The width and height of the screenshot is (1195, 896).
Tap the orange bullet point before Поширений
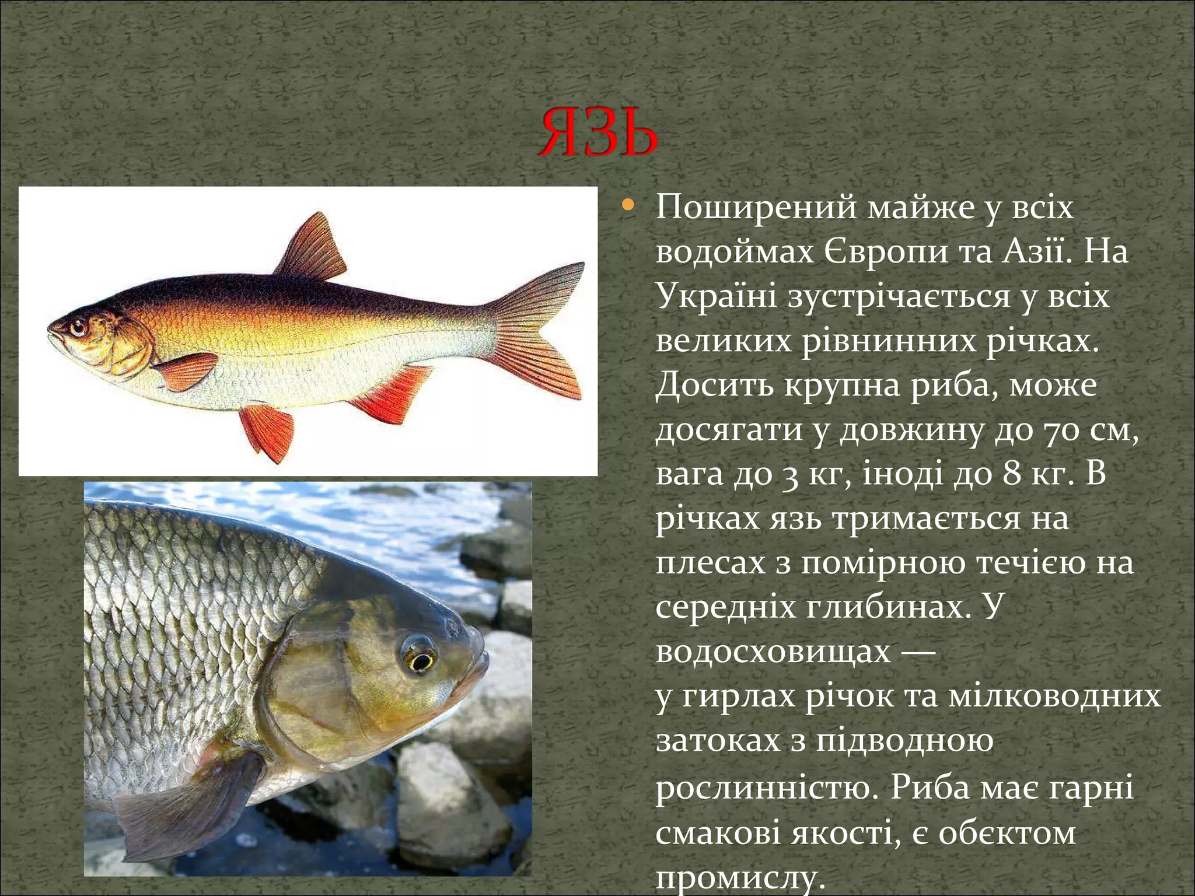click(x=628, y=205)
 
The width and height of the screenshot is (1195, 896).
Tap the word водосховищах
click(x=773, y=652)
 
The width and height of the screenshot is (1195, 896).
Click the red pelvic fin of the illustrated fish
click(x=268, y=432)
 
